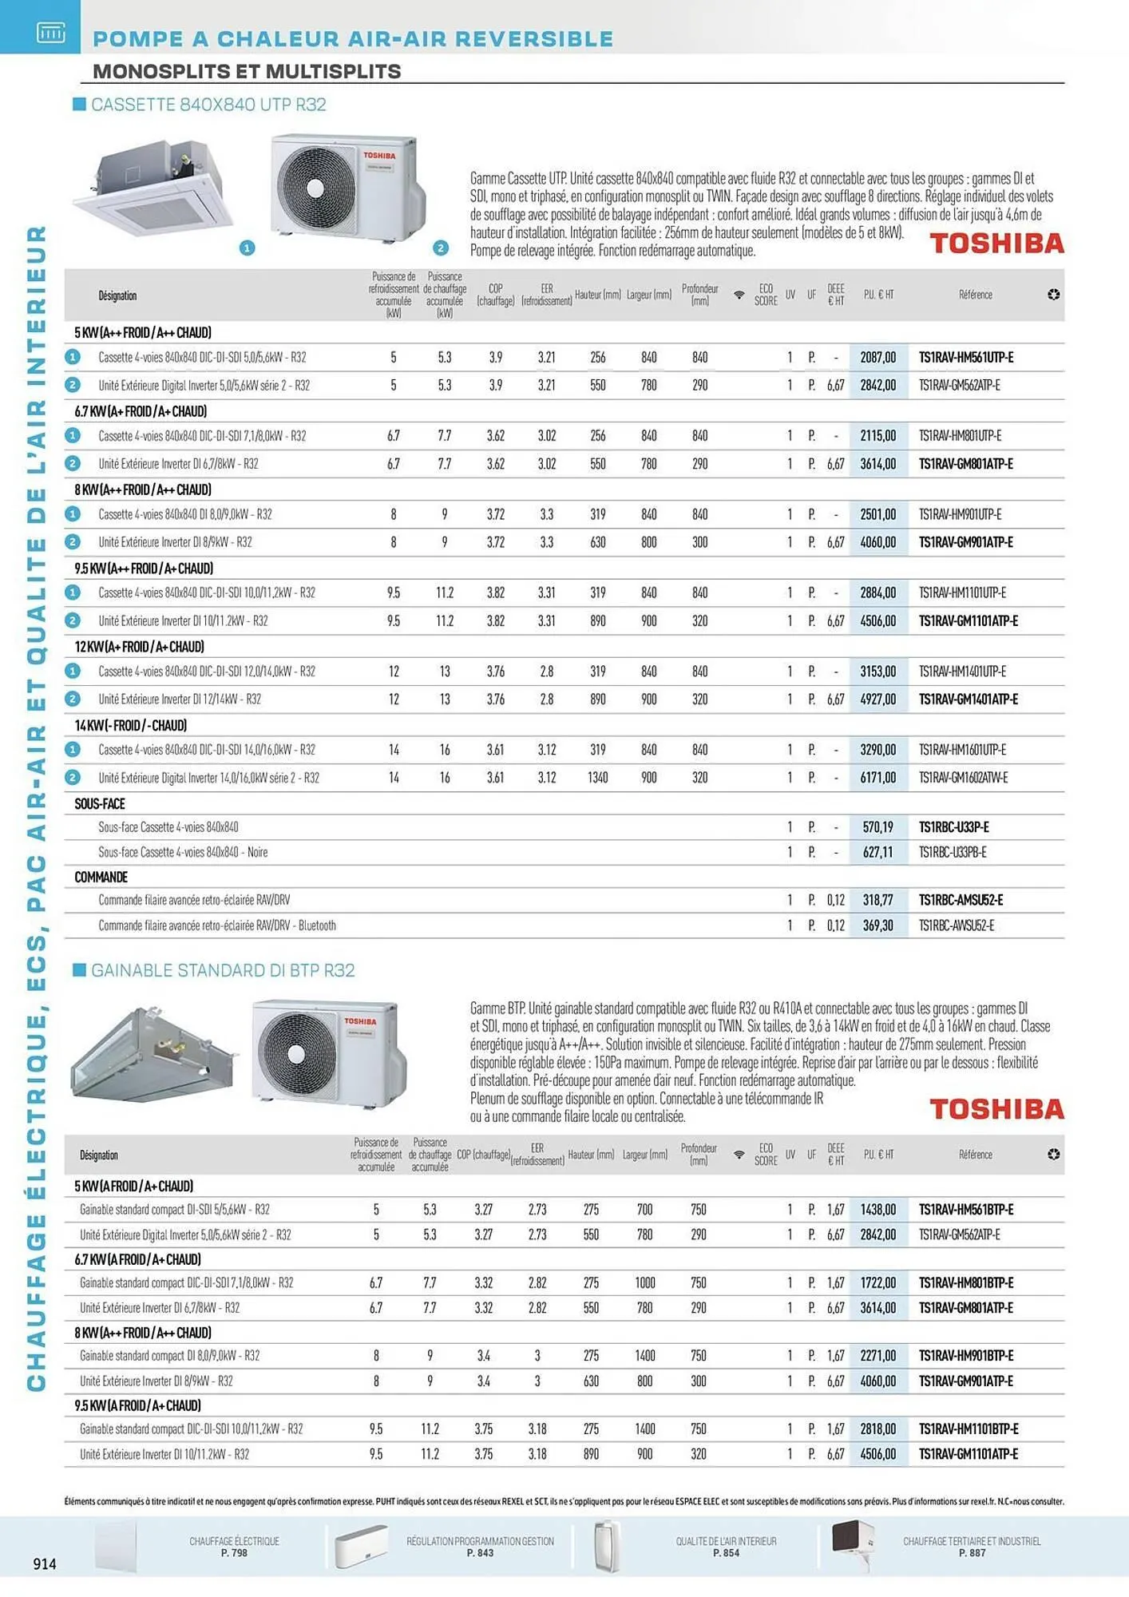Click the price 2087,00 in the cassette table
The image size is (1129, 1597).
pos(877,358)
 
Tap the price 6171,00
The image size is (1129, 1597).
pos(877,778)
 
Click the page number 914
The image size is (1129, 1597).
pos(45,1563)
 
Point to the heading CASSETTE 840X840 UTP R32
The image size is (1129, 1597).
pos(208,105)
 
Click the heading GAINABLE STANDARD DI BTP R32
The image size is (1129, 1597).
pos(223,970)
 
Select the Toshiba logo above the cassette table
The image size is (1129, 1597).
pos(996,244)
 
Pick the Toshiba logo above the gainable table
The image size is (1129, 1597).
pos(996,1109)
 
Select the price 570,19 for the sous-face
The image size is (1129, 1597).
pos(877,827)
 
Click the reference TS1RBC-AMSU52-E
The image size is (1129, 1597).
pos(961,900)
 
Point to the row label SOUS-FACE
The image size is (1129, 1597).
pos(100,804)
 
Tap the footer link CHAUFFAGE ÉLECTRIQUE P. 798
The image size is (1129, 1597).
pos(234,1547)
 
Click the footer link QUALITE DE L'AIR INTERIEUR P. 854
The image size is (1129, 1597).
pos(726,1547)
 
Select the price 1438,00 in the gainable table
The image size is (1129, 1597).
pos(877,1210)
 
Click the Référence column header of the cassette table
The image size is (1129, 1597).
pos(975,295)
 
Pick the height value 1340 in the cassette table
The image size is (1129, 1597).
pos(597,778)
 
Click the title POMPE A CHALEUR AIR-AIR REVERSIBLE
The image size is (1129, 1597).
pos(353,38)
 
